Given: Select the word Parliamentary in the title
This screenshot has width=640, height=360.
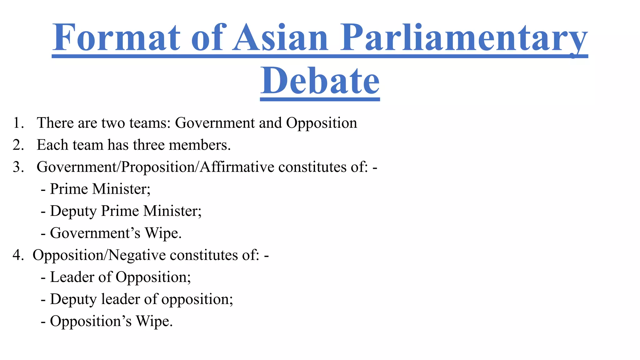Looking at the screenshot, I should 464,38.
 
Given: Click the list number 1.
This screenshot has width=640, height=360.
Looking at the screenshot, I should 18,123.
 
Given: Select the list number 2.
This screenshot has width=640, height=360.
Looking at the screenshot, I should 18,145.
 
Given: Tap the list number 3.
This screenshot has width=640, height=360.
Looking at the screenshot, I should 18,167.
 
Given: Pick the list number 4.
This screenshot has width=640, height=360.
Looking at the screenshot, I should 18,255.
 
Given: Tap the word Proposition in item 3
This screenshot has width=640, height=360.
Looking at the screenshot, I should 158,167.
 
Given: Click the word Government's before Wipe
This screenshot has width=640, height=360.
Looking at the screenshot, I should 95,233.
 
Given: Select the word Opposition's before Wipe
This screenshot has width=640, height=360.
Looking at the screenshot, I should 91,321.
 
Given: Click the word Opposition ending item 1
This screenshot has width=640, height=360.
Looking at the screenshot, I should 322,123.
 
